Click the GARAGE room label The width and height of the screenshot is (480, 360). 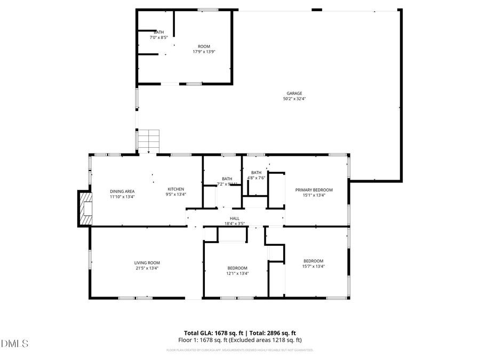click(294, 93)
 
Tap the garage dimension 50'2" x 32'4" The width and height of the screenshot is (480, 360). click(294, 99)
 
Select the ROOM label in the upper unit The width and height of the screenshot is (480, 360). click(204, 46)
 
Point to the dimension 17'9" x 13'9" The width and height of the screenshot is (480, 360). click(204, 52)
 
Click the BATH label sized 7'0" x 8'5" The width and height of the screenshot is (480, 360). click(159, 32)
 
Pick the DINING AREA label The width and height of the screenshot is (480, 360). click(122, 191)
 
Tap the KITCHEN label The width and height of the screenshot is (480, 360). click(176, 189)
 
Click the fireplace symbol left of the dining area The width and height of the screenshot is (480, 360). click(85, 209)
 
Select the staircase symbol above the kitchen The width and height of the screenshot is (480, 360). click(149, 140)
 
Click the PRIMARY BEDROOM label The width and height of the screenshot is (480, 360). click(314, 190)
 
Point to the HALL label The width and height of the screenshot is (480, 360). click(235, 218)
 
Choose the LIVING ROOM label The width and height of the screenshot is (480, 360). click(147, 262)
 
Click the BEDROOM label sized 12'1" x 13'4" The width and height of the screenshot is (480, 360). click(237, 268)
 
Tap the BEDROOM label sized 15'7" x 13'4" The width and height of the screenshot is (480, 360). click(314, 261)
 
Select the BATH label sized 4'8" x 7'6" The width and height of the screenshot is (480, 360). click(257, 172)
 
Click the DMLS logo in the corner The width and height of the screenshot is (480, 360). click(15, 343)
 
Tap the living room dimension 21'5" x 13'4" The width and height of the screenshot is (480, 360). click(147, 268)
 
